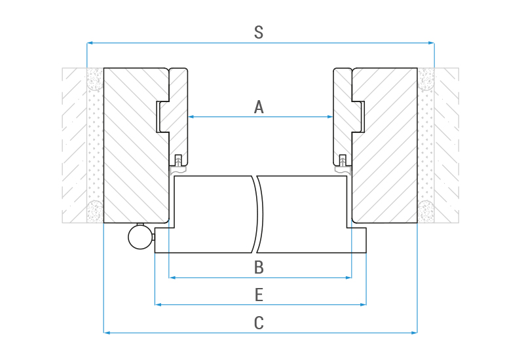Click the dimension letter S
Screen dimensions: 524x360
click(x=259, y=32)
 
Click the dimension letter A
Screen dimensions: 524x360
click(x=259, y=107)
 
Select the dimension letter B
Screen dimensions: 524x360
click(x=259, y=268)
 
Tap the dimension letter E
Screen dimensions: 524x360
click(x=259, y=295)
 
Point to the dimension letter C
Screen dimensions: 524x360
click(x=259, y=323)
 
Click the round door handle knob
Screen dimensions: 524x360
click(x=140, y=237)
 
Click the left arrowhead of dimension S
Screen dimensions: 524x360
click(x=90, y=43)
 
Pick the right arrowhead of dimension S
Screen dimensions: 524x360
click(x=432, y=43)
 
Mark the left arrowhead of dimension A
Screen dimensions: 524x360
click(x=191, y=117)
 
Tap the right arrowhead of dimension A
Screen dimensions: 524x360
click(x=330, y=117)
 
